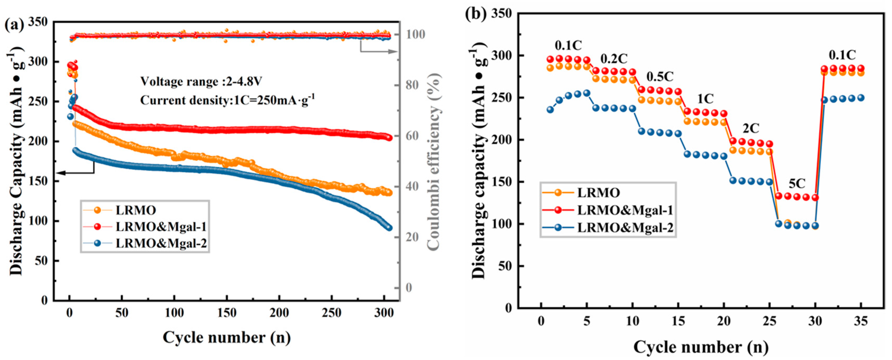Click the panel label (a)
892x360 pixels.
[x=15, y=26]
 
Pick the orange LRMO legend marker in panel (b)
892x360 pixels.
[x=558, y=192]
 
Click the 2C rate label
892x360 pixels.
[x=751, y=129]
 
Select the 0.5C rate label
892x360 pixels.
[x=660, y=76]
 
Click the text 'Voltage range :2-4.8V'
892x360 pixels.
[x=201, y=82]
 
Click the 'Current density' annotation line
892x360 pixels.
[x=227, y=100]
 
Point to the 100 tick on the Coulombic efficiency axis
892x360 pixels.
[x=415, y=34]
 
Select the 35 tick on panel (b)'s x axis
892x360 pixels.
[x=861, y=322]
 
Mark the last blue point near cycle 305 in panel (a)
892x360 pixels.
[x=389, y=228]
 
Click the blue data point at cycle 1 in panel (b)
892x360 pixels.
[x=550, y=109]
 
